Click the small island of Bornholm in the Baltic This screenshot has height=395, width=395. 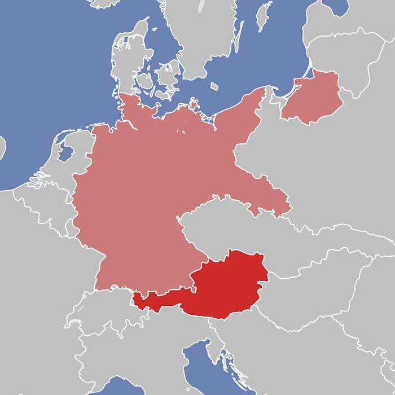coord(214,86)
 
